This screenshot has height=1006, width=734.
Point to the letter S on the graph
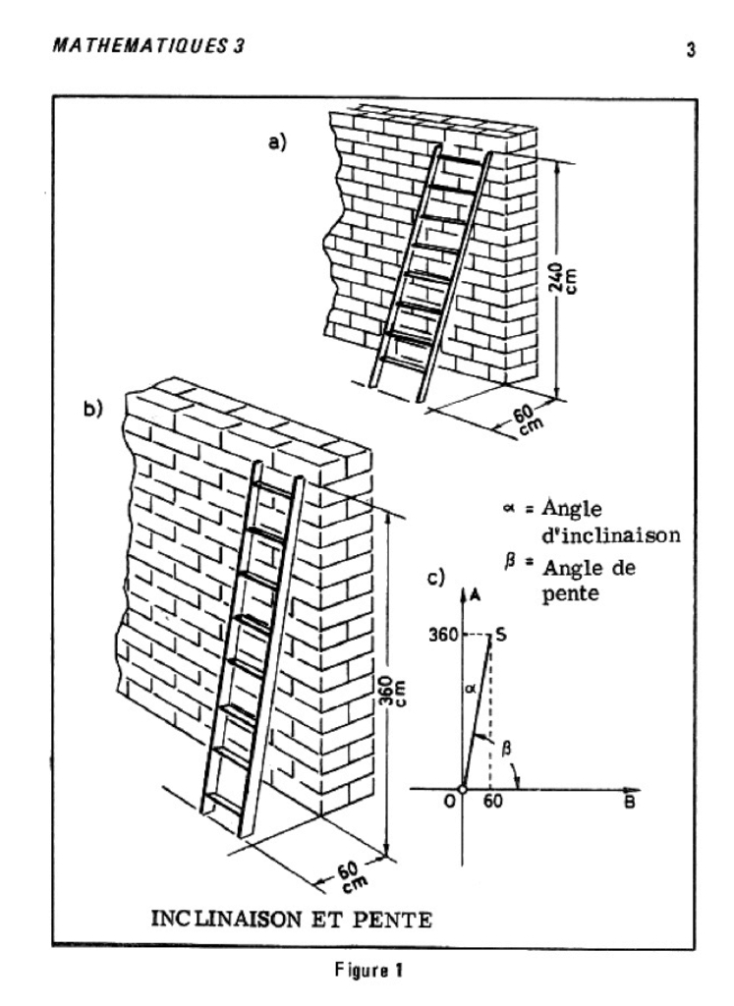tap(502, 635)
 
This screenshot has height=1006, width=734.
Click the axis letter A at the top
tap(475, 594)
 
